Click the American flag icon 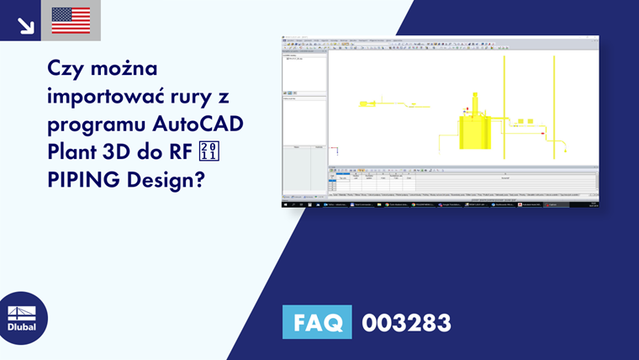[x=71, y=20]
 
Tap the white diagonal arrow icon [x=25, y=24]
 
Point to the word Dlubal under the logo [x=22, y=327]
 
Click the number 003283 [x=406, y=322]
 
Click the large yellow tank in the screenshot [x=474, y=130]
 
